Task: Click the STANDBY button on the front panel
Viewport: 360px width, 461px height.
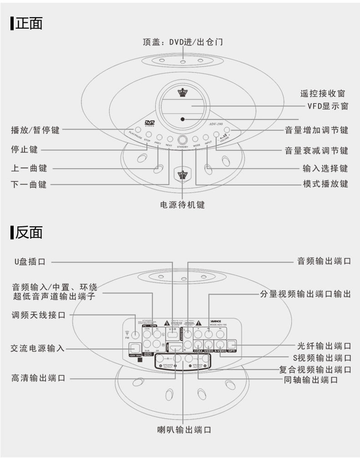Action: click(x=183, y=140)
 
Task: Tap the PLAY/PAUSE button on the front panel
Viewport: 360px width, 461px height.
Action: click(x=137, y=130)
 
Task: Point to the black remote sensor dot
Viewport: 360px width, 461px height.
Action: click(x=182, y=119)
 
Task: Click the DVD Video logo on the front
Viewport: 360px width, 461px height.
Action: click(x=150, y=122)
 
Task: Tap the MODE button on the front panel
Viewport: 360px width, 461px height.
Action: click(x=196, y=138)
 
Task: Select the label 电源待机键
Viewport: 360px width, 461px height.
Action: click(x=183, y=205)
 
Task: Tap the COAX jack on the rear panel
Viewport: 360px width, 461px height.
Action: click(x=198, y=344)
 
